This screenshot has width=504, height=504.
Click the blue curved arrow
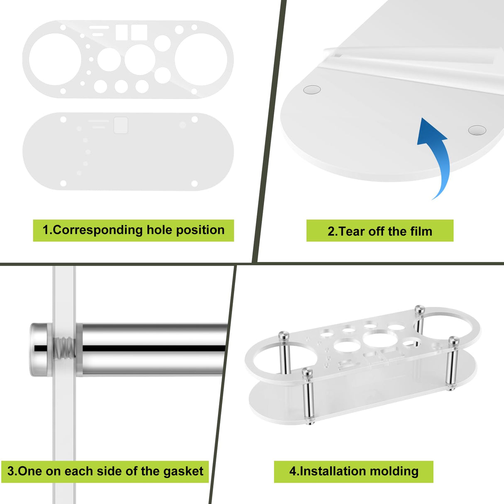point(436,158)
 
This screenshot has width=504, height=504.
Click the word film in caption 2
point(420,231)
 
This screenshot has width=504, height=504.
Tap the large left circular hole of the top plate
point(55,59)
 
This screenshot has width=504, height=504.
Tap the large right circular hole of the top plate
point(201,59)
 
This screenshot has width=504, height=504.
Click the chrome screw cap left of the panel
point(40,350)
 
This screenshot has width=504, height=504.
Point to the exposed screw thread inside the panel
point(65,349)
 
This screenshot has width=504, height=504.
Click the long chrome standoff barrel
point(154,349)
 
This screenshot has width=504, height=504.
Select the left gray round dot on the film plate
point(312,89)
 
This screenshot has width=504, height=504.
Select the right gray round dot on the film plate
point(477,130)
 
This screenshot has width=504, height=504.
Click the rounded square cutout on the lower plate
point(121,125)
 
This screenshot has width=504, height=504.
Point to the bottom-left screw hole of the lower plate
point(63,183)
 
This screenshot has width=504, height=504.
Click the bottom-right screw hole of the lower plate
point(194,183)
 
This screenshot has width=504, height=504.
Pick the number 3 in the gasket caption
point(11,471)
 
